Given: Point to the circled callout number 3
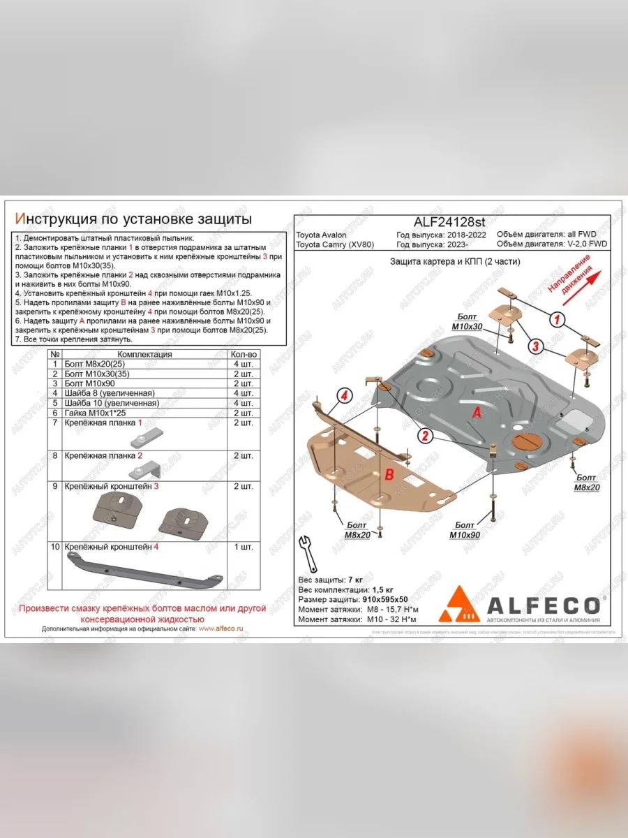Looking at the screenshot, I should pos(535,346).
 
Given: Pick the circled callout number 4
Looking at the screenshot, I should pos(343,397).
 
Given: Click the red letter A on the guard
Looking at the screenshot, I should pos(477,413).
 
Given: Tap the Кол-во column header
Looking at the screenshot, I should pos(244,354).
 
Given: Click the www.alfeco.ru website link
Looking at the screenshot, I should pos(220,628).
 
